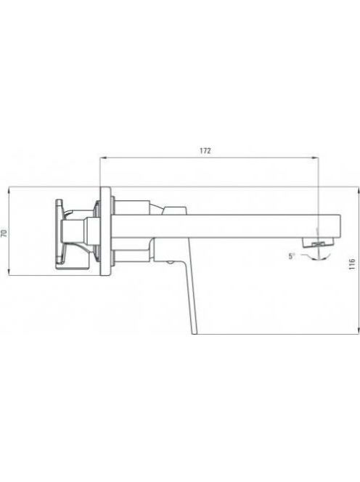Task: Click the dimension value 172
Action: pyautogui.click(x=205, y=151)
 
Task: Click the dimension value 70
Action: pyautogui.click(x=4, y=233)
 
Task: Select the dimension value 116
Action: pyautogui.click(x=352, y=264)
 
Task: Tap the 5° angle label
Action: pyautogui.click(x=292, y=256)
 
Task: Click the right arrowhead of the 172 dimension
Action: pyautogui.click(x=315, y=158)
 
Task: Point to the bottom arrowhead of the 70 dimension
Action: pyautogui.click(x=9, y=271)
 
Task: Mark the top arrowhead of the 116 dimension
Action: pyautogui.click(x=358, y=190)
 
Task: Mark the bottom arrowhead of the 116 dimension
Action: pyautogui.click(x=358, y=330)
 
